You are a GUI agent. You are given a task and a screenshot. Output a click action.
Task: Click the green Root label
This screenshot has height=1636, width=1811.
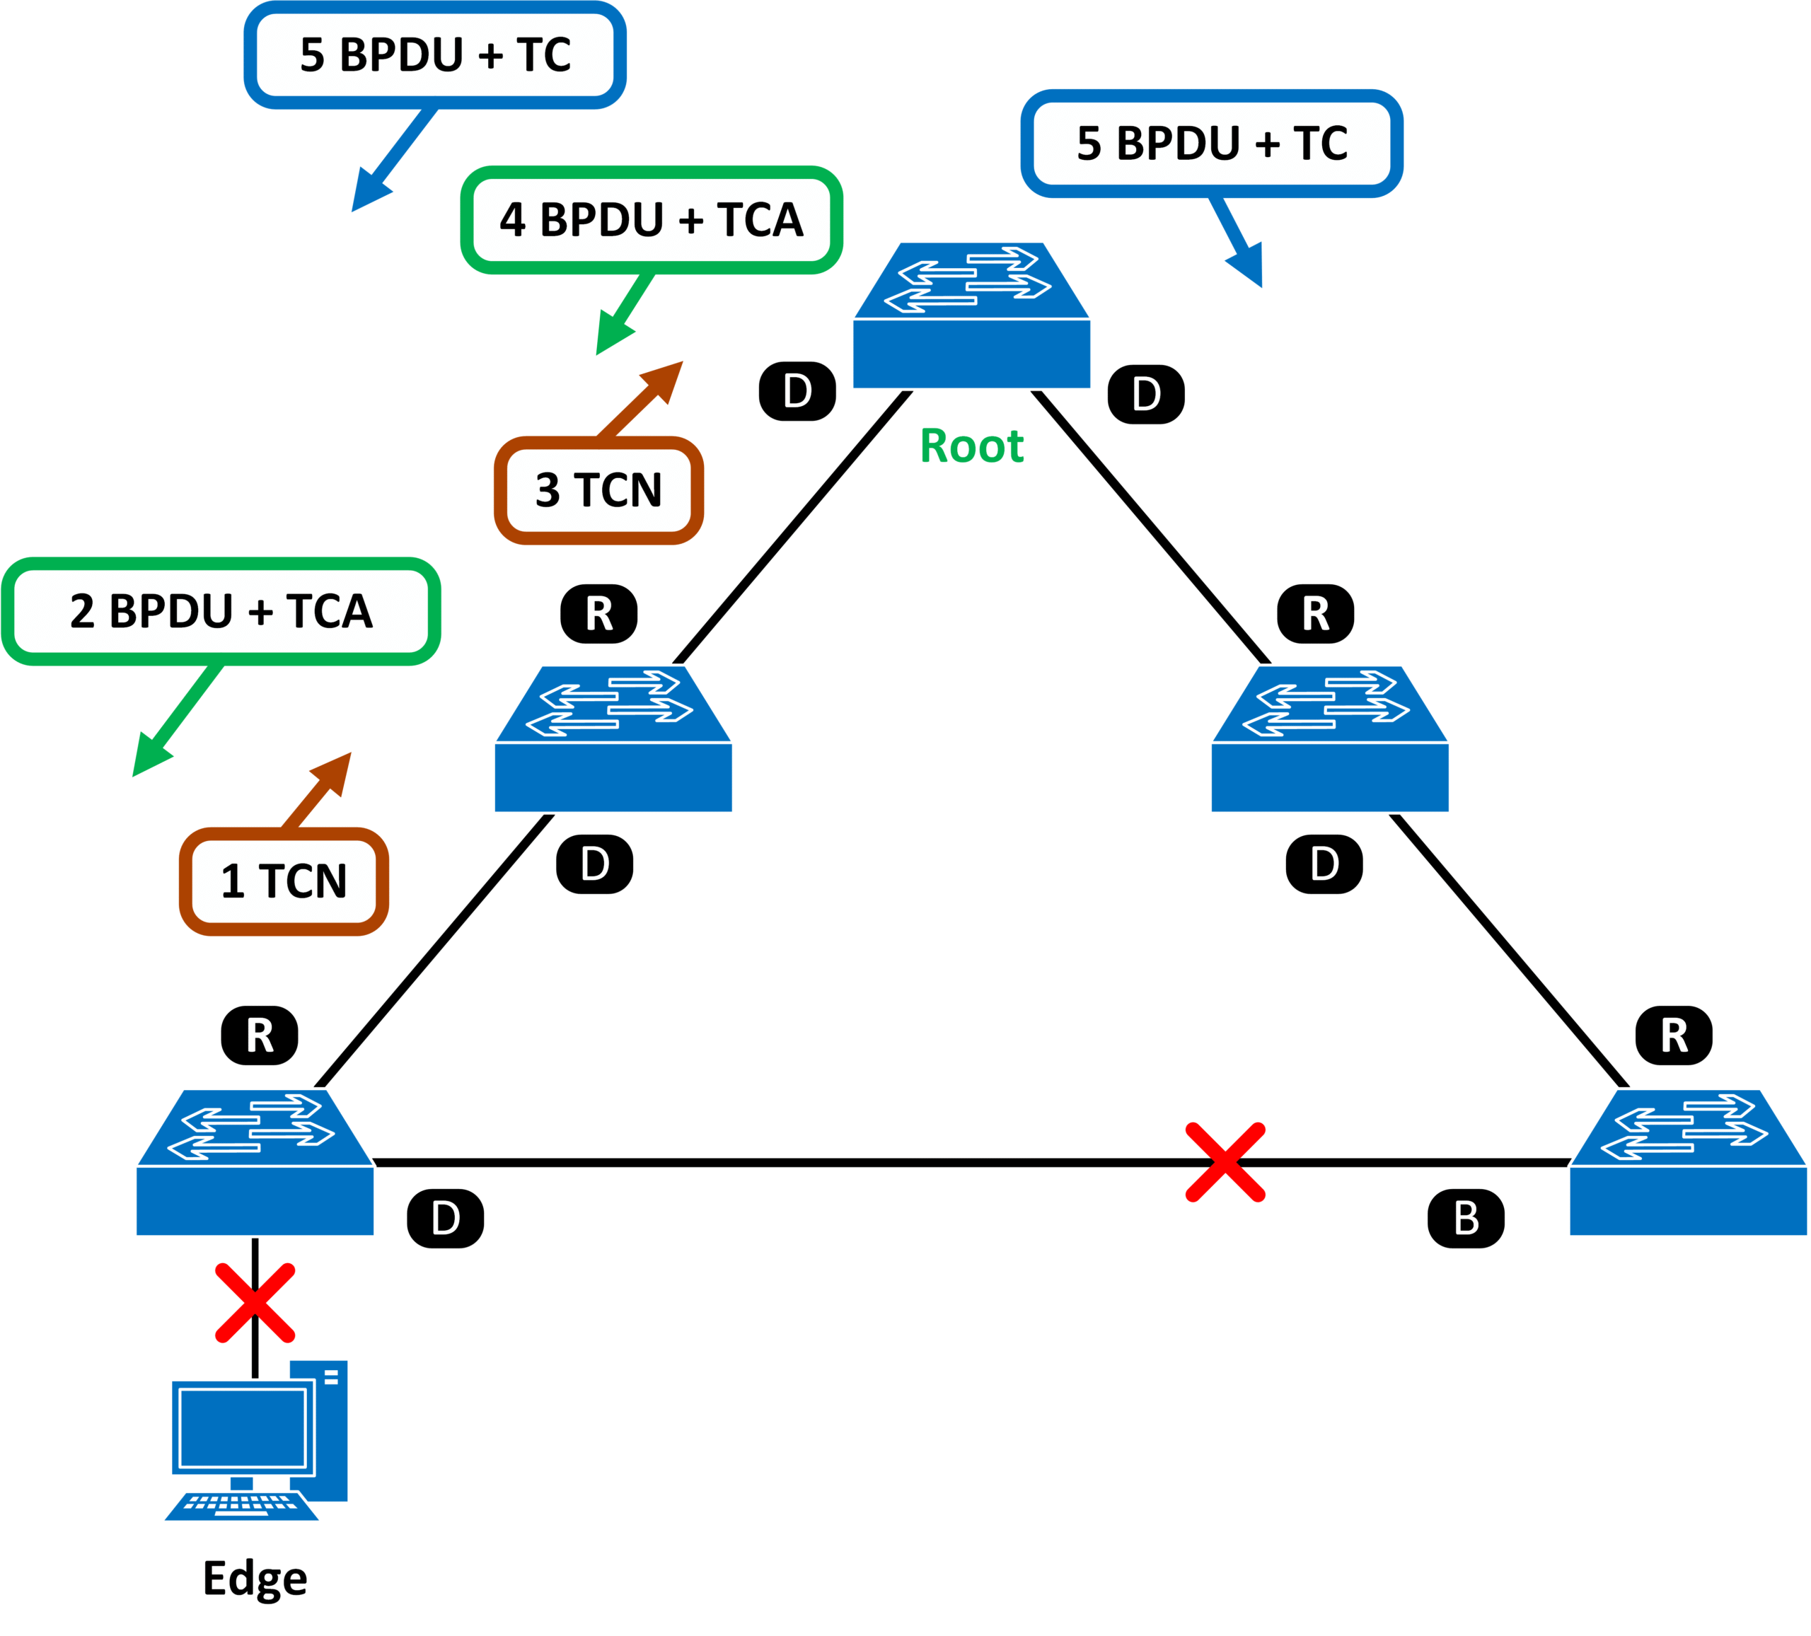(x=971, y=446)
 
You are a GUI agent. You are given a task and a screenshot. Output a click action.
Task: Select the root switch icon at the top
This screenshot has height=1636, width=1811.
(x=971, y=316)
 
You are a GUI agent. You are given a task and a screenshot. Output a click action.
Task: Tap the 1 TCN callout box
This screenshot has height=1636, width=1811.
(x=284, y=881)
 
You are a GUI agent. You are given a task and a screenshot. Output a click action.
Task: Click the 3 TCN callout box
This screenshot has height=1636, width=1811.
(x=598, y=491)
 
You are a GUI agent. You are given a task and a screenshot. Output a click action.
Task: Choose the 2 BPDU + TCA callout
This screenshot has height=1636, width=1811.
(x=221, y=612)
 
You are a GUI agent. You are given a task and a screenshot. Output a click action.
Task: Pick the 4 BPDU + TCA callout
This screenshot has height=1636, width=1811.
(x=652, y=220)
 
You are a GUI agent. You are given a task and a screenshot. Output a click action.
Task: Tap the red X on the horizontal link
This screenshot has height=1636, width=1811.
(x=1225, y=1161)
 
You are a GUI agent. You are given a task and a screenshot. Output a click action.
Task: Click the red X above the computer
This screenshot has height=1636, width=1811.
(x=255, y=1304)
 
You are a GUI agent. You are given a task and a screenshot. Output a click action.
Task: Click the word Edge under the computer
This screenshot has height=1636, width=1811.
(x=255, y=1579)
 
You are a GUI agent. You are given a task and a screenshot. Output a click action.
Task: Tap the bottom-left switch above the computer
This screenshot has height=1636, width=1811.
(x=255, y=1163)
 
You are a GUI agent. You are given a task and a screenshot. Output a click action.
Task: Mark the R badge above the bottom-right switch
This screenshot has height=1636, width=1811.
(x=1674, y=1036)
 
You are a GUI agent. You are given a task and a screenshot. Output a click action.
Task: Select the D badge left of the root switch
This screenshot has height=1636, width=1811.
(x=798, y=392)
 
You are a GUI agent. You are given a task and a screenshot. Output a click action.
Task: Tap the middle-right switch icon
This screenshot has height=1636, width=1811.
(x=1329, y=738)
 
